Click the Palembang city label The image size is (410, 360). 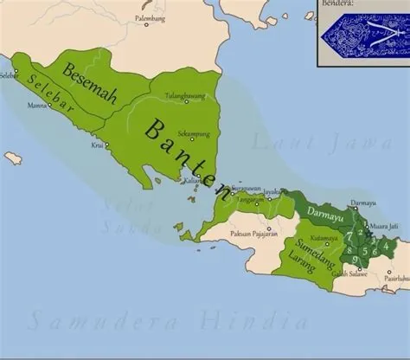click(x=146, y=16)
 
